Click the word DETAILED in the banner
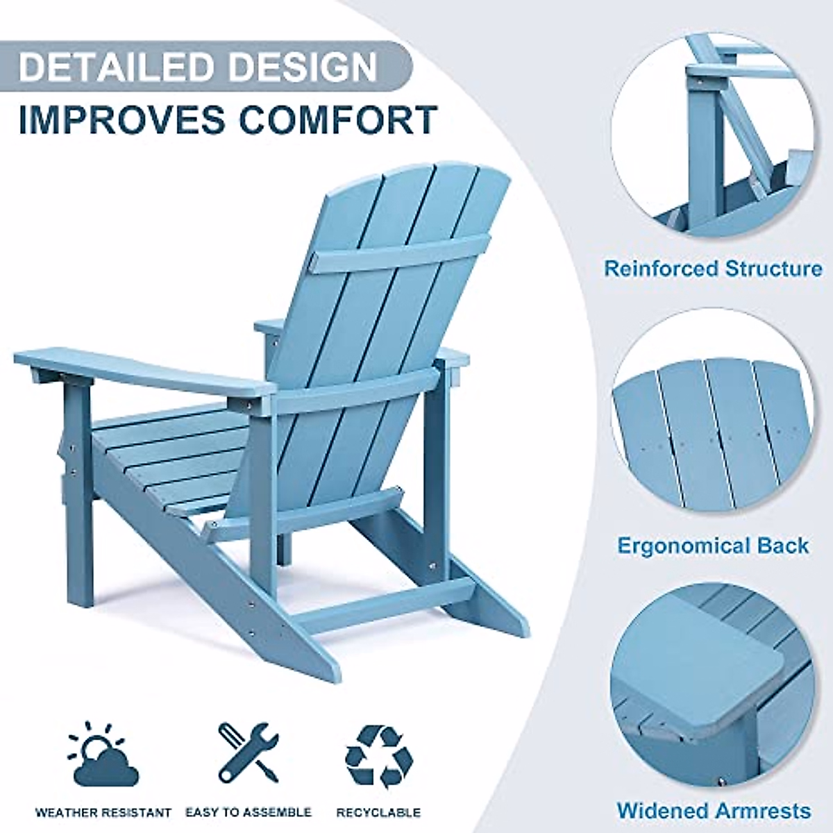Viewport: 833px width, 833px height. click(x=115, y=67)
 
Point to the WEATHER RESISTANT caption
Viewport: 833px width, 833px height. click(x=103, y=811)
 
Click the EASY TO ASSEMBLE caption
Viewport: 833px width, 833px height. click(x=248, y=811)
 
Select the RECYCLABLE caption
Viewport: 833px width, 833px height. click(x=378, y=811)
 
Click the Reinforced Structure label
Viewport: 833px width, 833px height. click(x=713, y=269)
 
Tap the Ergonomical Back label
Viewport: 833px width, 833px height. click(x=713, y=545)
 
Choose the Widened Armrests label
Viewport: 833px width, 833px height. click(x=713, y=810)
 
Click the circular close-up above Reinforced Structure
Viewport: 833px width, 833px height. click(x=722, y=132)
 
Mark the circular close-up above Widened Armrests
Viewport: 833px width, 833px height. click(x=715, y=687)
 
